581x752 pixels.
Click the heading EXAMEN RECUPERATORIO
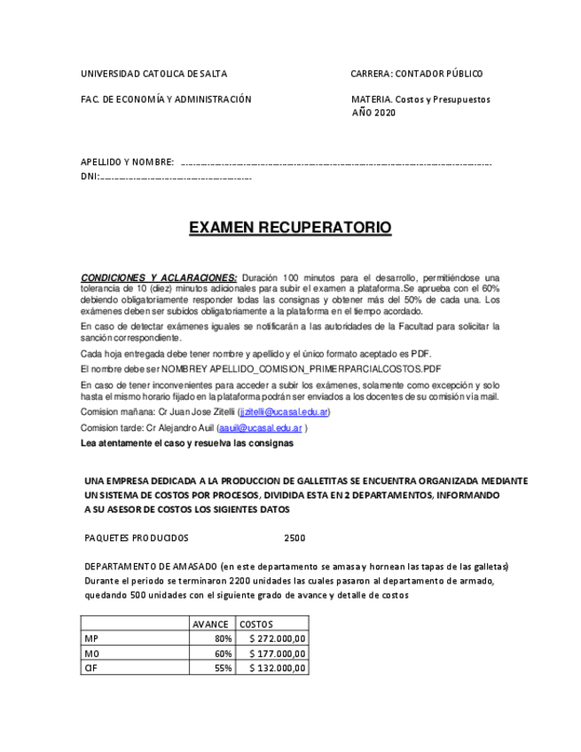pyautogui.click(x=289, y=228)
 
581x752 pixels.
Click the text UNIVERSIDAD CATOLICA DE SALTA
pyautogui.click(x=153, y=74)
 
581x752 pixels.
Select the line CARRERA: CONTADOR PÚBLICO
pyautogui.click(x=417, y=74)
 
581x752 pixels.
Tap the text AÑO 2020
pyautogui.click(x=373, y=113)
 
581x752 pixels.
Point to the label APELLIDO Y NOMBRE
pyautogui.click(x=127, y=162)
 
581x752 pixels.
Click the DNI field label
pyautogui.click(x=90, y=176)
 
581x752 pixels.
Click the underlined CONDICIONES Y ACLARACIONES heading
pyautogui.click(x=159, y=278)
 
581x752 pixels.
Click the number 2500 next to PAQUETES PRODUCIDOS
pyautogui.click(x=294, y=538)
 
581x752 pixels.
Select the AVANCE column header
pyautogui.click(x=211, y=624)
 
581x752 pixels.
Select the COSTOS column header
pyautogui.click(x=256, y=624)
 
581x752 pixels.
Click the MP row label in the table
pyautogui.click(x=90, y=638)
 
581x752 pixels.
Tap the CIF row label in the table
pyautogui.click(x=90, y=668)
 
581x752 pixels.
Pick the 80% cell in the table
pyautogui.click(x=223, y=638)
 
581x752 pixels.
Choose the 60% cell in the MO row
pyautogui.click(x=223, y=654)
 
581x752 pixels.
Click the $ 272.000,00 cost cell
pyautogui.click(x=278, y=638)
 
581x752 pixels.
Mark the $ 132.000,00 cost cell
pyautogui.click(x=278, y=668)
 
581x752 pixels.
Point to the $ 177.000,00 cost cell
pyautogui.click(x=278, y=654)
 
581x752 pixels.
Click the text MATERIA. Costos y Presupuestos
pyautogui.click(x=420, y=99)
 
